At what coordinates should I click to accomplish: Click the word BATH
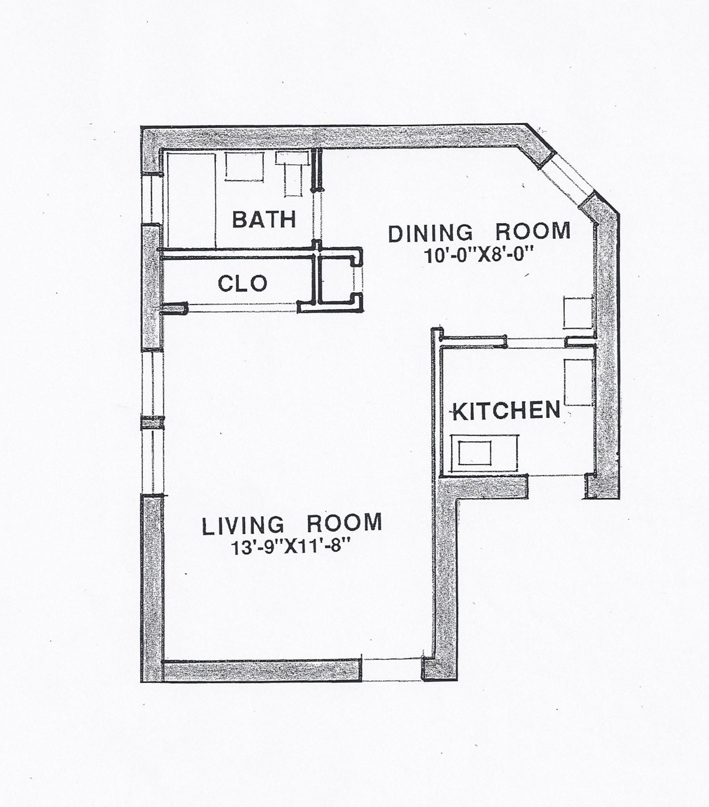264,219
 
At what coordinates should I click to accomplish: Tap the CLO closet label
243,284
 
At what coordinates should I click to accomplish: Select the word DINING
430,233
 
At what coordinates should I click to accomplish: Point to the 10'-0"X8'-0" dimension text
478,256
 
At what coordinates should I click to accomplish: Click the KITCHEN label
506,411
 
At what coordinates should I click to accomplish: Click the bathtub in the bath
192,200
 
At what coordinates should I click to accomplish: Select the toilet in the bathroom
293,173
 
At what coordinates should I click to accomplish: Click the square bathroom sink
244,167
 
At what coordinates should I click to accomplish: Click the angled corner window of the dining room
566,178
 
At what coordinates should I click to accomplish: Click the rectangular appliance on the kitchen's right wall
578,382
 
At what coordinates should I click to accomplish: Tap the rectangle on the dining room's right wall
578,313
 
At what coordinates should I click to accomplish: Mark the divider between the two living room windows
154,423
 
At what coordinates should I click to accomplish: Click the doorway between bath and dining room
317,215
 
